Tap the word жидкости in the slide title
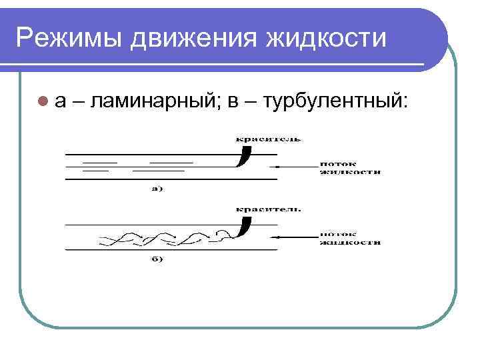tap(326, 37)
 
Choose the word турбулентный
tap(335, 101)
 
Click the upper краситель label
tap(267, 139)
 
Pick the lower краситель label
tap(267, 209)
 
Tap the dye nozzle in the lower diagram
tap(244, 227)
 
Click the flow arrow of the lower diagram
tap(293, 235)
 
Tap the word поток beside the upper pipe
tap(337, 163)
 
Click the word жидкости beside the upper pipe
tap(350, 172)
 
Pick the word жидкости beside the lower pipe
tap(350, 243)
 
